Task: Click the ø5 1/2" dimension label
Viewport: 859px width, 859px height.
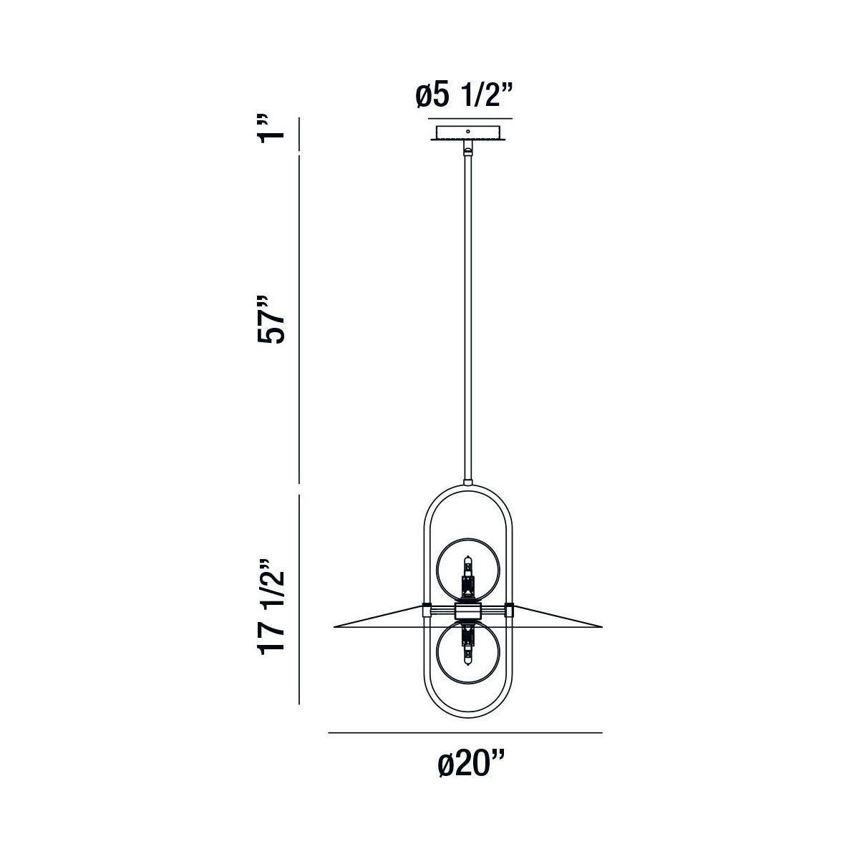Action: click(465, 97)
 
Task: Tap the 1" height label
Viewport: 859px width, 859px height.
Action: click(271, 129)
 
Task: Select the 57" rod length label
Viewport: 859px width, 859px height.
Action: click(271, 319)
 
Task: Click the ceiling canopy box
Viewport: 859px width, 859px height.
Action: click(467, 133)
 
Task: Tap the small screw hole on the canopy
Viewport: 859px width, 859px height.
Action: click(467, 131)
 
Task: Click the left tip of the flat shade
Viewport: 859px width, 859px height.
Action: click(334, 627)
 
